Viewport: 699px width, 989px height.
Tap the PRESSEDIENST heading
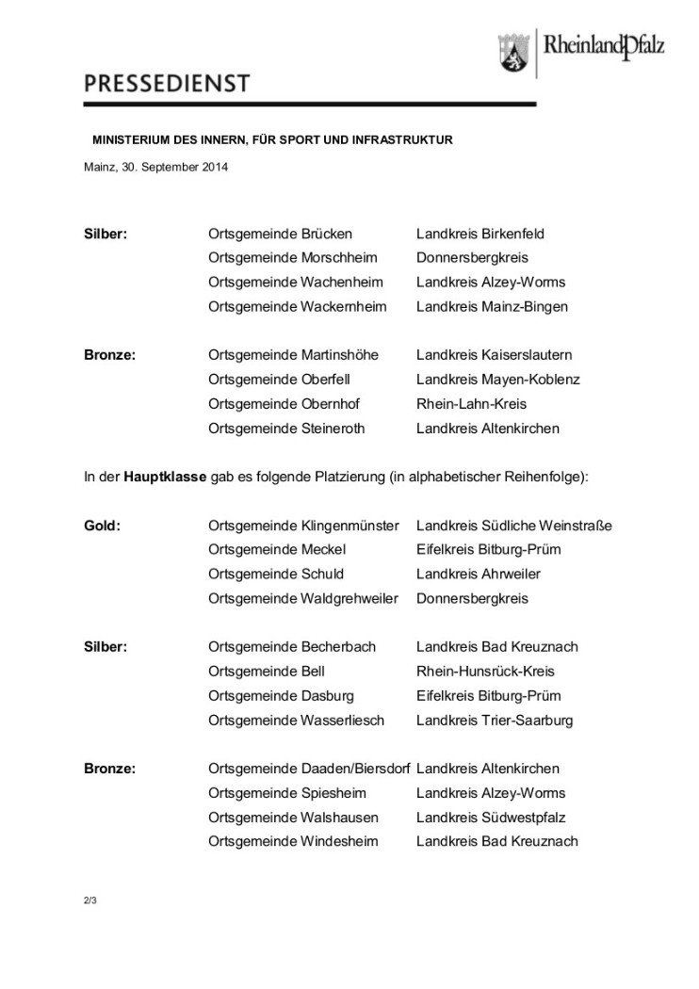[167, 85]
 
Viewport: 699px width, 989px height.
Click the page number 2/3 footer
[90, 900]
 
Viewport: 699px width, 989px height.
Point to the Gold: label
[103, 526]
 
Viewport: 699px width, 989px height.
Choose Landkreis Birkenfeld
[480, 234]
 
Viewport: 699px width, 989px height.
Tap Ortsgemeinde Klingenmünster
[303, 526]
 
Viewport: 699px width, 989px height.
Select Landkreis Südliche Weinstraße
[513, 526]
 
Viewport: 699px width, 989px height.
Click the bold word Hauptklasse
[165, 478]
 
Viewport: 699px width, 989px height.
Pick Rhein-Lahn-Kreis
[471, 404]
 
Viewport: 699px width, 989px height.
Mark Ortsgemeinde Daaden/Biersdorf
[309, 769]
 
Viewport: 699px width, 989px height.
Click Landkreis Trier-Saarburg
[495, 721]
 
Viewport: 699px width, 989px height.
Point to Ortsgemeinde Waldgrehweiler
[303, 598]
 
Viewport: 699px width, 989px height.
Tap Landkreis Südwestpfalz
[491, 818]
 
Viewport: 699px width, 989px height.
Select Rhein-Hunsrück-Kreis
[485, 672]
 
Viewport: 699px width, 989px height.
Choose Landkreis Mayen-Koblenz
[497, 380]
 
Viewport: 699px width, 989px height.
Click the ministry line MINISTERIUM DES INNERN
[272, 139]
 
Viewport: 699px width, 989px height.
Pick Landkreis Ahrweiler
[479, 574]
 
